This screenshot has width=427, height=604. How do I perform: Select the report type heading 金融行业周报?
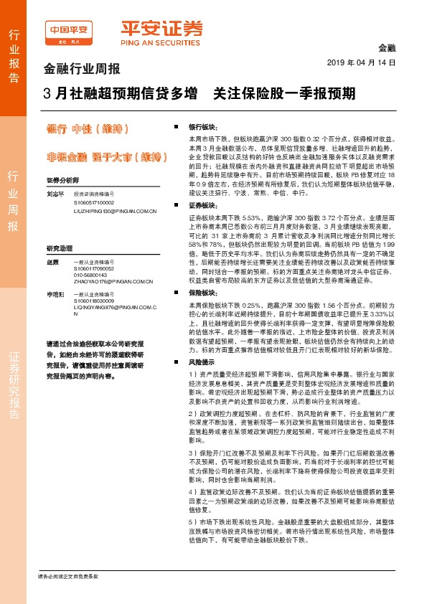point(82,70)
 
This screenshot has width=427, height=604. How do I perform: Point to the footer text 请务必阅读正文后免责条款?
point(67,577)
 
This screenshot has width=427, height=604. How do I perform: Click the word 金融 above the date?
point(386,47)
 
